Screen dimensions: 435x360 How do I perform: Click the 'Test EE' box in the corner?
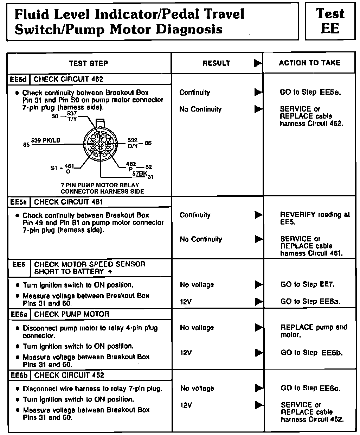pos(330,21)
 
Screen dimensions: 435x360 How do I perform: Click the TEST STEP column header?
pos(88,63)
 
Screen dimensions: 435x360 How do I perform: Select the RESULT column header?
pos(216,63)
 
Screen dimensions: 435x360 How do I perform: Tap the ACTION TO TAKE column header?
pos(309,63)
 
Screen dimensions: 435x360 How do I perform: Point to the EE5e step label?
pos(19,202)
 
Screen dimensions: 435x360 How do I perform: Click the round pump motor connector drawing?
pos(101,144)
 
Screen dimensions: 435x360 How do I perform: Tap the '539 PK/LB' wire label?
pos(46,140)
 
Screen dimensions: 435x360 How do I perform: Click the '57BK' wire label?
pos(140,173)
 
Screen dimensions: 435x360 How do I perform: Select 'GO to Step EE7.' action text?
pos(308,284)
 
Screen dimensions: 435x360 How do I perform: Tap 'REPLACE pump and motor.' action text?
pos(314,331)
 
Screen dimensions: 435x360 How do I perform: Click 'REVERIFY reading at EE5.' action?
pos(315,218)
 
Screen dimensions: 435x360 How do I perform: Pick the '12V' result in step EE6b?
pos(186,405)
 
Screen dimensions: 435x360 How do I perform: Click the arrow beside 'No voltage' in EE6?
pos(258,284)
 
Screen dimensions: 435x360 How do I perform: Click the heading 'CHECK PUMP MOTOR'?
pos(72,314)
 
